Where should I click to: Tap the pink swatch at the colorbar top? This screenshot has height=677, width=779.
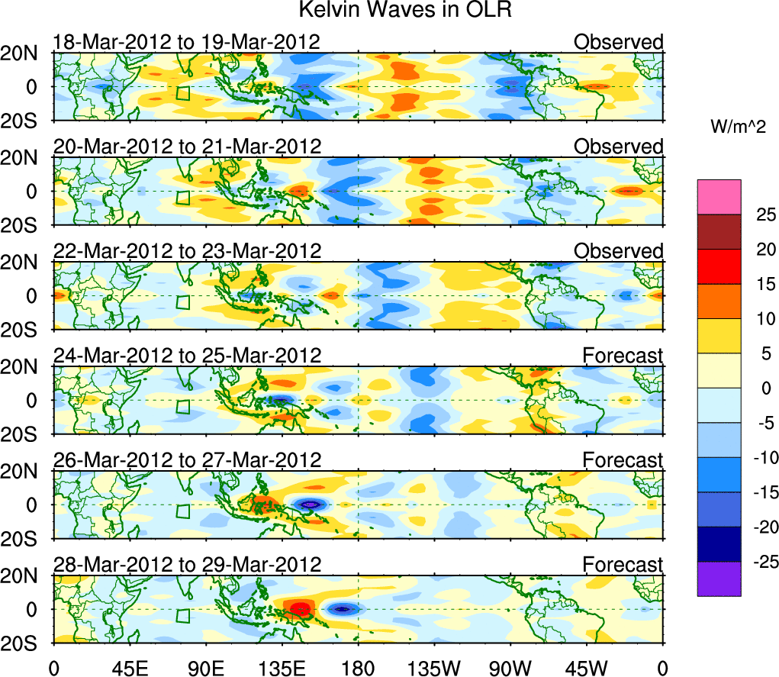coord(718,197)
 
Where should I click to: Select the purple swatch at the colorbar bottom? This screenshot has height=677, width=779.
coord(718,579)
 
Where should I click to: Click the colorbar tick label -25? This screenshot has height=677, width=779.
coord(755,562)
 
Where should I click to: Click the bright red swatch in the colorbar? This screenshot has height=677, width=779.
coord(718,266)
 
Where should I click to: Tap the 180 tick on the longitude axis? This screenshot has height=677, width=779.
coord(359,666)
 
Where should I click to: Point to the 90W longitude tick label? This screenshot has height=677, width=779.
coord(510,666)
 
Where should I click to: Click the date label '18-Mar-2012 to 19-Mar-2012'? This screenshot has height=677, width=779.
coord(185,41)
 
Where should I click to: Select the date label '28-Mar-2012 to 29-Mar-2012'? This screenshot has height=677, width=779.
coord(187,564)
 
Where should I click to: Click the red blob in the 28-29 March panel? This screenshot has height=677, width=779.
coord(300,609)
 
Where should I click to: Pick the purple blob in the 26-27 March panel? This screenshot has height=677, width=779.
coord(310,505)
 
